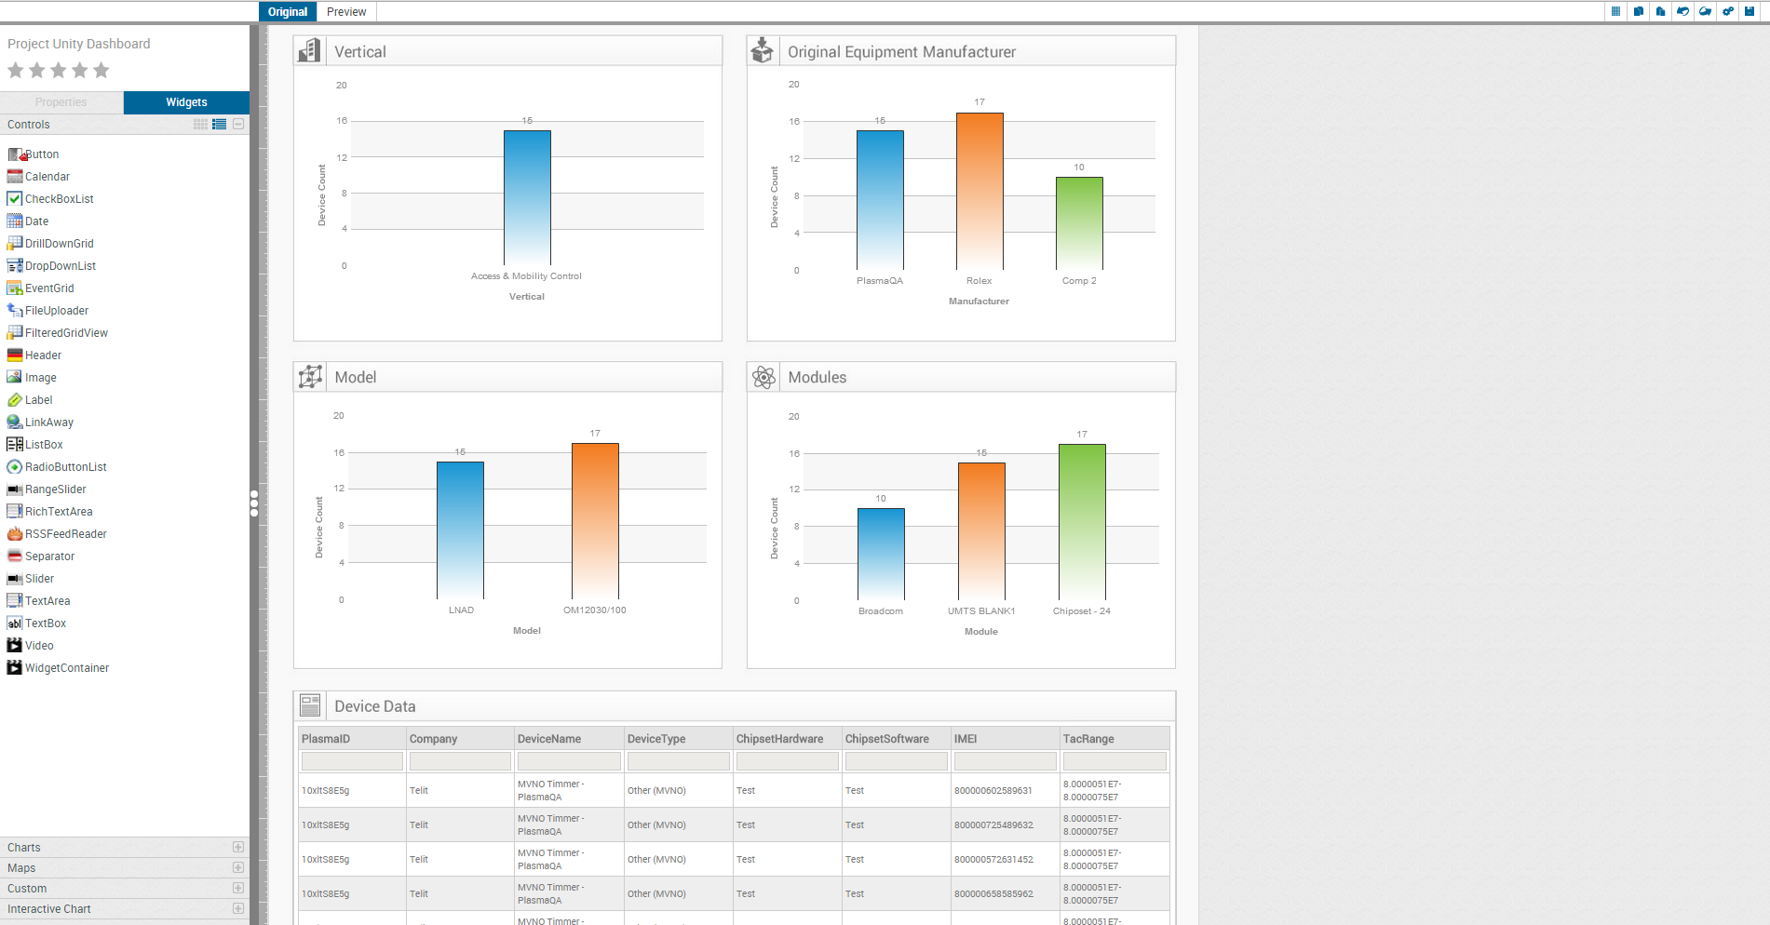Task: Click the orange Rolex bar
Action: [x=980, y=191]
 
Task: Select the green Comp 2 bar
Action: [x=1079, y=223]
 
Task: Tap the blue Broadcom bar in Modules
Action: [x=881, y=554]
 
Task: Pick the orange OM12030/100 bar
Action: [x=595, y=521]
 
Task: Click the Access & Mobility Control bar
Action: [x=527, y=197]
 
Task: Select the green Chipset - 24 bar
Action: [x=1082, y=521]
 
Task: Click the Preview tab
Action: [x=346, y=12]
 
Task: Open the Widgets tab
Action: [x=186, y=102]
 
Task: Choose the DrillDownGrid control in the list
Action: [x=59, y=244]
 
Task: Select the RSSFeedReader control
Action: [x=65, y=534]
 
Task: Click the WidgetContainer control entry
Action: [x=66, y=668]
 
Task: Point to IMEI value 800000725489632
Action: [x=993, y=825]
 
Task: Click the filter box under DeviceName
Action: [x=569, y=761]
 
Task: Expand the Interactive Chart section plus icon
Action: [x=238, y=909]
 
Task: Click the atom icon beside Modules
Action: [x=763, y=377]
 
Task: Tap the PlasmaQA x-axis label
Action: [x=880, y=281]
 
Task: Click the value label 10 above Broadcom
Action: [x=881, y=499]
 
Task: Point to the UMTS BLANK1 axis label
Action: [x=981, y=611]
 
